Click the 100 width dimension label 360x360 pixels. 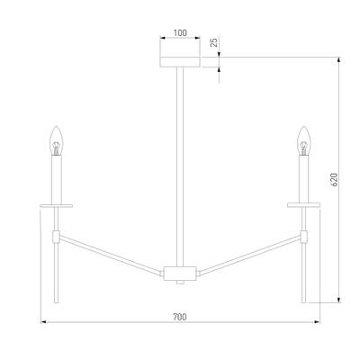(180, 32)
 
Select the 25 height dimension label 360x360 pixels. (214, 42)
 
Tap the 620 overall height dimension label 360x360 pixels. (334, 179)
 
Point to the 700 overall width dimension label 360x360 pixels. (180, 317)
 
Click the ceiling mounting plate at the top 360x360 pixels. (180, 61)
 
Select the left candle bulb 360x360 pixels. (56, 140)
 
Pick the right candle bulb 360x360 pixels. (303, 140)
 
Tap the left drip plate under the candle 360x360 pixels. (57, 206)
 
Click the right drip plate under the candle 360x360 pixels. (303, 205)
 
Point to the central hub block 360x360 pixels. (180, 273)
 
